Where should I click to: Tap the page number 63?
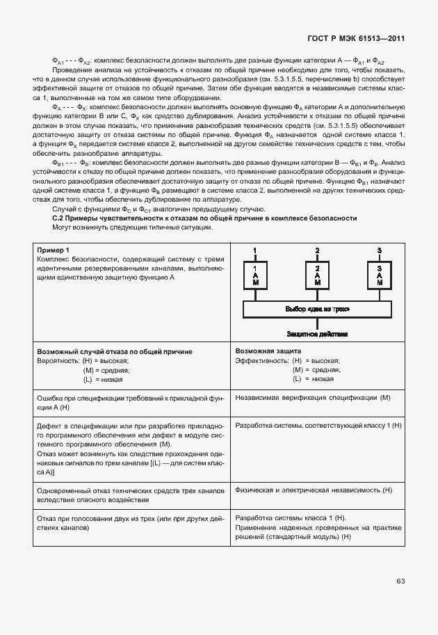pos(401,580)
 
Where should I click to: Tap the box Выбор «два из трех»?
pos(317,309)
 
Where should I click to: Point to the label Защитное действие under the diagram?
pos(317,334)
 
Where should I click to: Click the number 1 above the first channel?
pos(254,250)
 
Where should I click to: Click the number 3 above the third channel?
pos(379,250)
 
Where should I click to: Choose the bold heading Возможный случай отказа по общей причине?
pos(114,352)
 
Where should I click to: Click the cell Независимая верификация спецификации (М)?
pos(314,397)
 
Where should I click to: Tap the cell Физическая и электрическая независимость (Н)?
pos(314,490)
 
